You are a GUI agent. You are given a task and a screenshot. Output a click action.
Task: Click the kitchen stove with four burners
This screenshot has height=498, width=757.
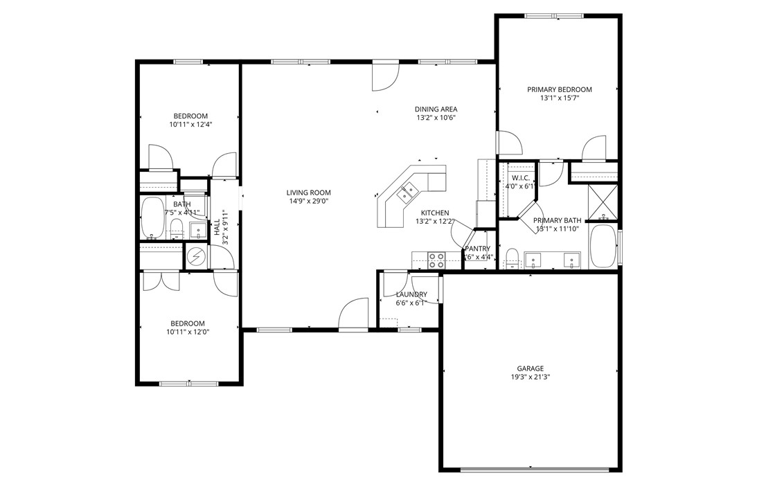click(x=436, y=260)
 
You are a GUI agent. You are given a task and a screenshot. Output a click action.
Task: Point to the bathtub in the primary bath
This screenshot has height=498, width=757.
click(x=602, y=246)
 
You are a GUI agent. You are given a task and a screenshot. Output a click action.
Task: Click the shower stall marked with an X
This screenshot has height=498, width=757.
click(x=602, y=201)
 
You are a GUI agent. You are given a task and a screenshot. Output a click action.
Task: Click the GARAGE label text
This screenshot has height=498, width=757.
click(x=530, y=368)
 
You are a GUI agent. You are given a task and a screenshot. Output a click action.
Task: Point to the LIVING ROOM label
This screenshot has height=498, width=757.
click(x=309, y=193)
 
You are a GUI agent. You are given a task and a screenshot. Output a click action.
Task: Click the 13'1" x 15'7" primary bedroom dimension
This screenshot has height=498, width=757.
click(x=559, y=98)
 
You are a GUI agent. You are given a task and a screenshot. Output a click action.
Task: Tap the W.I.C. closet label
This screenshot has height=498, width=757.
click(x=521, y=178)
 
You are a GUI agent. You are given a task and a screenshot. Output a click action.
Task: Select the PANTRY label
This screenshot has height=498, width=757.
click(x=477, y=249)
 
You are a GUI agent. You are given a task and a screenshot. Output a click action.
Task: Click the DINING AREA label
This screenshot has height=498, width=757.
click(x=436, y=109)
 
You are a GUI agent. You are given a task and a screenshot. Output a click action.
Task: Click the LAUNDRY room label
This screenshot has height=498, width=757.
click(x=411, y=294)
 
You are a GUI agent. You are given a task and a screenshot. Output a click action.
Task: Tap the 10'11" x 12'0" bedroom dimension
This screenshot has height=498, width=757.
click(x=188, y=332)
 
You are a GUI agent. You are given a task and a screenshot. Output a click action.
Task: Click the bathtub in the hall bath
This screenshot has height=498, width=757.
click(x=152, y=217)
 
